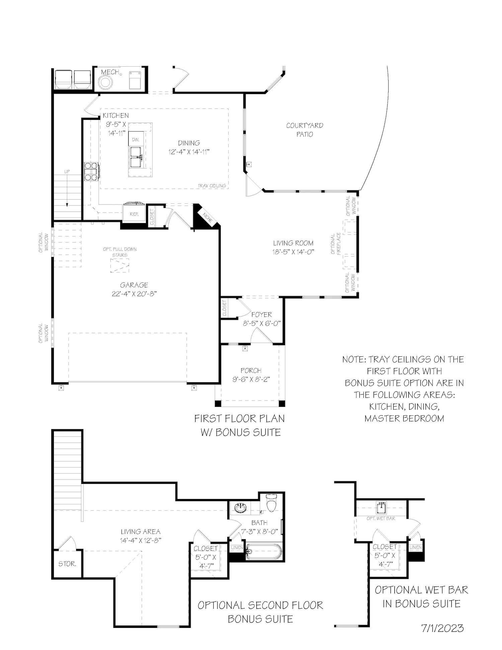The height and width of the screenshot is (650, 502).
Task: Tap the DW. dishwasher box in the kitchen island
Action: point(136,139)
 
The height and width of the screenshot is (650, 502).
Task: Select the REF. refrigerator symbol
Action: point(134,214)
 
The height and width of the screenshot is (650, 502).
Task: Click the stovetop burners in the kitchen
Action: point(91,171)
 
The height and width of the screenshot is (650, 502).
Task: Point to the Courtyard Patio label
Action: point(305,130)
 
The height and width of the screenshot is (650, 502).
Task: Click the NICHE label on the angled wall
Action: point(208,218)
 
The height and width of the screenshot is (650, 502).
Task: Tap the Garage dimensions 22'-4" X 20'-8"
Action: point(134,294)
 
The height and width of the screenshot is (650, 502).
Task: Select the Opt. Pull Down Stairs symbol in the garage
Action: point(119,266)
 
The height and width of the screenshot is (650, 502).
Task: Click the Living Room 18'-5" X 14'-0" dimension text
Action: point(293,252)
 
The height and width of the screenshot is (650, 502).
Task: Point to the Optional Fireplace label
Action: point(335,244)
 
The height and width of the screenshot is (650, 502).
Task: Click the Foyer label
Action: point(261,314)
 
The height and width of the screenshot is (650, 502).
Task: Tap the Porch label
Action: point(251,370)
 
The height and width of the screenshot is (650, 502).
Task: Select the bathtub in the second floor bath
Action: point(264,551)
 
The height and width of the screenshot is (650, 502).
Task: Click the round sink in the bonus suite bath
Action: point(240,508)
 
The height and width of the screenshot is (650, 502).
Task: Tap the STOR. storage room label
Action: point(67,564)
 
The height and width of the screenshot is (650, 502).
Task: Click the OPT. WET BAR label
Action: point(381,518)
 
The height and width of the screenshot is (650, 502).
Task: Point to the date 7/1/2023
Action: point(442,628)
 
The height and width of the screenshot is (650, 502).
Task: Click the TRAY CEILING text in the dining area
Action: point(212,186)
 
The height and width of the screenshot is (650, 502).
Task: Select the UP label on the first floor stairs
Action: point(67,171)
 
